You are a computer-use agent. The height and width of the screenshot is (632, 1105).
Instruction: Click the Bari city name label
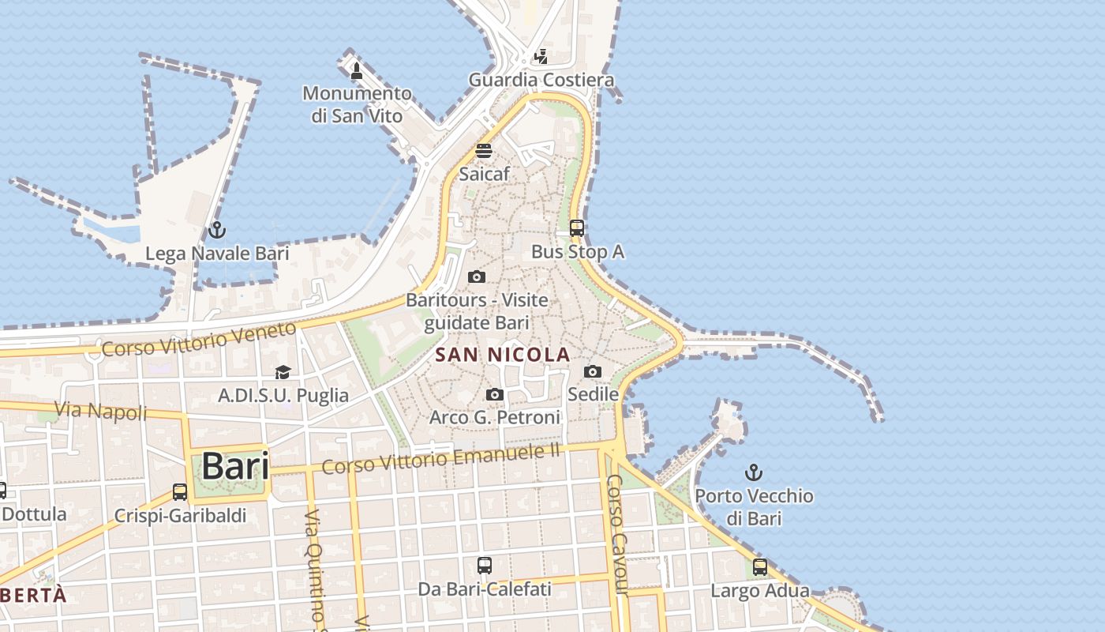234,466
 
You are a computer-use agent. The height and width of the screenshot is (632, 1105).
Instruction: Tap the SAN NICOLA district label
502,355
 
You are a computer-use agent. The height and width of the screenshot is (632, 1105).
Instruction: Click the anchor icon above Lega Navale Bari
217,231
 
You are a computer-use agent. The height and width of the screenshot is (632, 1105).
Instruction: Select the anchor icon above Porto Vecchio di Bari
754,472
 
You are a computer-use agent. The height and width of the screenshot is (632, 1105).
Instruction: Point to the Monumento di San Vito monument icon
357,71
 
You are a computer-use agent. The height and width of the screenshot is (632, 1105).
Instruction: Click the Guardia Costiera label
541,80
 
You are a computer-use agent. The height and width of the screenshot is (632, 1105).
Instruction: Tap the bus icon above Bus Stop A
577,228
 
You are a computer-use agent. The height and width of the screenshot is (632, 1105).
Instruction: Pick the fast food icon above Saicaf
484,151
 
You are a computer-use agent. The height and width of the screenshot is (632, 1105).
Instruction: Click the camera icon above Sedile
593,371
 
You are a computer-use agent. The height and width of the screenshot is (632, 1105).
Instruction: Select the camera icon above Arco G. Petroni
495,394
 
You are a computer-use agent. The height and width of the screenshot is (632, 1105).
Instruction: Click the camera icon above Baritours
476,276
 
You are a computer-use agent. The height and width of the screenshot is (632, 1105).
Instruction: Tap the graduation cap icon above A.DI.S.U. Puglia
283,372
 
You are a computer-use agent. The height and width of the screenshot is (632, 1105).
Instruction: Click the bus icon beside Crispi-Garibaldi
180,491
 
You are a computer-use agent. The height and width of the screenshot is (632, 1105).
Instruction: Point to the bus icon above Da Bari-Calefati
485,566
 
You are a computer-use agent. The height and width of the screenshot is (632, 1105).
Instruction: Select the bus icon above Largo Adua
759,567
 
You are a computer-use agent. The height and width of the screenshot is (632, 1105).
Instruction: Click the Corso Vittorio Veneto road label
199,338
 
